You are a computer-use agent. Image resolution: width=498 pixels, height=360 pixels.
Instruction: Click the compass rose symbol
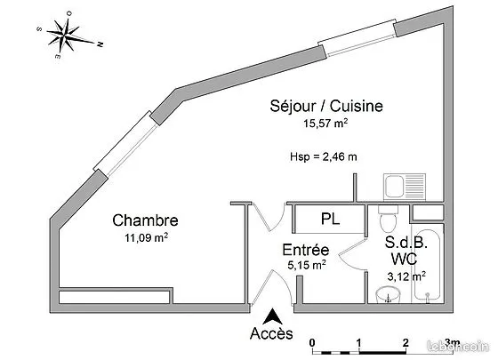pyautogui.click(x=67, y=35)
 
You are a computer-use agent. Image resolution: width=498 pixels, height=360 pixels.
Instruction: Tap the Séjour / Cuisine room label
pyautogui.click(x=326, y=107)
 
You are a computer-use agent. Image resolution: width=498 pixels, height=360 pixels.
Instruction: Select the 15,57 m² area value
pyautogui.click(x=325, y=123)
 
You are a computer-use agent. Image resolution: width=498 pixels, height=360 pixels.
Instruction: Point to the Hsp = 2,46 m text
pyautogui.click(x=324, y=156)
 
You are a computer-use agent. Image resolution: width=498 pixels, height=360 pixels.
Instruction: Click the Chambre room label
pyautogui.click(x=145, y=220)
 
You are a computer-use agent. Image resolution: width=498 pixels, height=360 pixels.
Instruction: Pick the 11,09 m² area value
pyautogui.click(x=146, y=237)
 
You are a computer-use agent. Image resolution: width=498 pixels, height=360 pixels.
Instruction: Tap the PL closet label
pyautogui.click(x=330, y=219)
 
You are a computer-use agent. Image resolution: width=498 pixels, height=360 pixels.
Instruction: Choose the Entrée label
pyautogui.click(x=306, y=250)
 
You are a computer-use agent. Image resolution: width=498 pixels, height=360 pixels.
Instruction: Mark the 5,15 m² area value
pyautogui.click(x=307, y=265)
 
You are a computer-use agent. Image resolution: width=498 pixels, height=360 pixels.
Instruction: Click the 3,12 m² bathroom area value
pyautogui.click(x=406, y=276)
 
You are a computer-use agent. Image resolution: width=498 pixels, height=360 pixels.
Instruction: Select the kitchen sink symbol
pyautogui.click(x=405, y=187)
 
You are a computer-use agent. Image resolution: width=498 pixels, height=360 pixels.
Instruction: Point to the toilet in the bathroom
pyautogui.click(x=388, y=218)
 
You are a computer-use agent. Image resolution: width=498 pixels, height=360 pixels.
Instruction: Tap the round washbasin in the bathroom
pyautogui.click(x=388, y=295)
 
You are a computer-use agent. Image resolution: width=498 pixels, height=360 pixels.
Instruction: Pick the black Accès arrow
pyautogui.click(x=272, y=316)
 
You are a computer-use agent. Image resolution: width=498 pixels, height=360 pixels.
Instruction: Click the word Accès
pyautogui.click(x=271, y=333)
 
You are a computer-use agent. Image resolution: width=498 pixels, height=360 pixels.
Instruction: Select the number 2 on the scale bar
pyautogui.click(x=406, y=343)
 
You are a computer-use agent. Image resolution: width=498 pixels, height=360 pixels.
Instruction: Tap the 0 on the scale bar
pyautogui.click(x=312, y=343)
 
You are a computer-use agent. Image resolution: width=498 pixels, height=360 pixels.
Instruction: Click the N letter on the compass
pyautogui.click(x=100, y=44)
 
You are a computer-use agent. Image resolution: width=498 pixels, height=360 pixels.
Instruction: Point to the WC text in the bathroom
pyautogui.click(x=404, y=259)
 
